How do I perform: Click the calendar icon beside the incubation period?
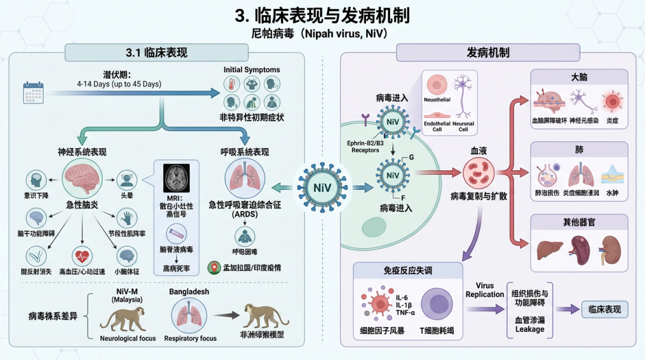[33, 93]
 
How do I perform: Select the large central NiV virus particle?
[318, 187]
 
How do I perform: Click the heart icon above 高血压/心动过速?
[82, 256]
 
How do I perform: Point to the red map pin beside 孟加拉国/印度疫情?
[212, 268]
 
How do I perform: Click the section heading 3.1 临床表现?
[156, 53]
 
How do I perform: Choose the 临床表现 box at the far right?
[604, 309]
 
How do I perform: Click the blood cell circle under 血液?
[478, 172]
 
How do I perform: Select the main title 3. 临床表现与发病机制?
[322, 16]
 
